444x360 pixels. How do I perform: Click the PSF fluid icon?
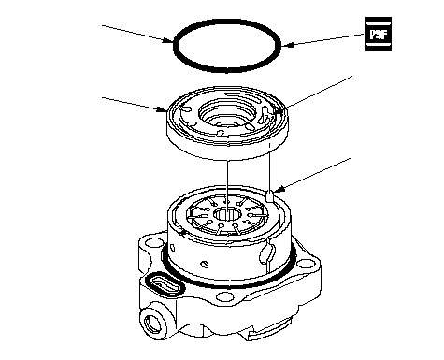click(x=378, y=34)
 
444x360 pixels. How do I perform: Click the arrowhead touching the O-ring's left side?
click(x=168, y=40)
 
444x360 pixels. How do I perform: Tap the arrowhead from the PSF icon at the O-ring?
click(x=286, y=45)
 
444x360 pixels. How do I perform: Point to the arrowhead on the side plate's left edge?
click(x=163, y=109)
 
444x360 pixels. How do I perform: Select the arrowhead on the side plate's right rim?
click(x=279, y=111)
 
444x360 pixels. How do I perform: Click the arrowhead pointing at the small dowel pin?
click(x=280, y=189)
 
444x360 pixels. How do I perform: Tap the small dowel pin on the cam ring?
click(x=270, y=196)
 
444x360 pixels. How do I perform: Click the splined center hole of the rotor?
click(x=227, y=214)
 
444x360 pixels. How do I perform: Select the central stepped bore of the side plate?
click(x=227, y=113)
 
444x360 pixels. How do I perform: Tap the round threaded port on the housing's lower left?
click(x=152, y=323)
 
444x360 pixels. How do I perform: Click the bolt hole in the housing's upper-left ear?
click(x=152, y=242)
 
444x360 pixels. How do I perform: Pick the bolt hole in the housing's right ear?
click(x=303, y=264)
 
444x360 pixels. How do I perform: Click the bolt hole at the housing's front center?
click(x=223, y=296)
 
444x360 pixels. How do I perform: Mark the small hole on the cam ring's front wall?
click(x=204, y=265)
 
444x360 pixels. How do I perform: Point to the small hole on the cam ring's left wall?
click(x=172, y=248)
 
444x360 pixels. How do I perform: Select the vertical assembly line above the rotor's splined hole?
click(x=227, y=185)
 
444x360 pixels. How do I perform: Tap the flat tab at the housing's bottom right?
click(x=269, y=331)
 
